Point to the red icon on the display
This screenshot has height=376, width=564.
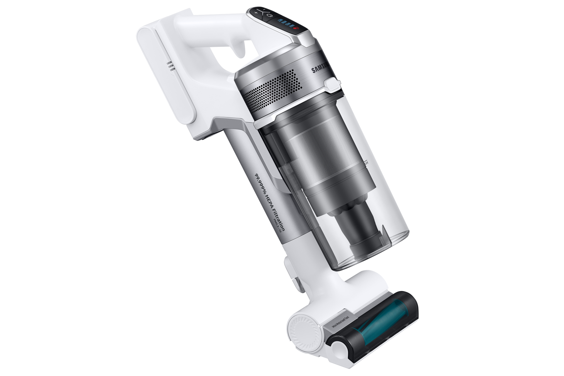(x=296, y=28)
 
